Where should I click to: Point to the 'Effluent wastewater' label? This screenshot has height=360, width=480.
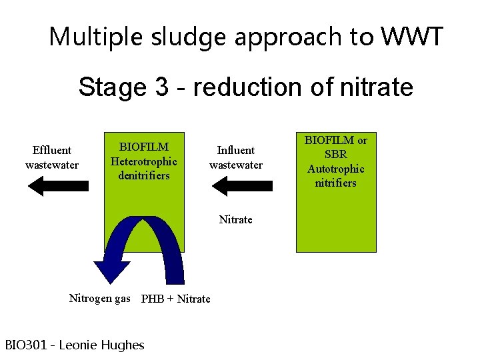(x=52, y=157)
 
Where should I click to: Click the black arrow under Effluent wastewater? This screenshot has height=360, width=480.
(x=53, y=187)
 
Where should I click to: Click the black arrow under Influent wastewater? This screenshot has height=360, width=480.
(x=241, y=187)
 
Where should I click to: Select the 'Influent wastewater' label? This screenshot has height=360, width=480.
(x=236, y=157)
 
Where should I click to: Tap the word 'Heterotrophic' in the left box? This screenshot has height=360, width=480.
(x=144, y=161)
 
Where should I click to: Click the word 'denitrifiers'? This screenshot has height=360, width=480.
(x=144, y=175)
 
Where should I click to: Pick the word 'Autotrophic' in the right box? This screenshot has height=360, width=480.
(x=336, y=169)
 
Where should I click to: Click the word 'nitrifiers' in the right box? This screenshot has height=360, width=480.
(x=336, y=183)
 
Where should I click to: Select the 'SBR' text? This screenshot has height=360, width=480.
(x=336, y=155)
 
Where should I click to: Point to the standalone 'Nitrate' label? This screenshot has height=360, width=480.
(x=236, y=219)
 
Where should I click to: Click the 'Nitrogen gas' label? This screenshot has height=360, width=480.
(x=100, y=298)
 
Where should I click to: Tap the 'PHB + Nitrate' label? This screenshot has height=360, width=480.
(x=176, y=299)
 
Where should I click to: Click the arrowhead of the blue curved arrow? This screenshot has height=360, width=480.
(x=113, y=272)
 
